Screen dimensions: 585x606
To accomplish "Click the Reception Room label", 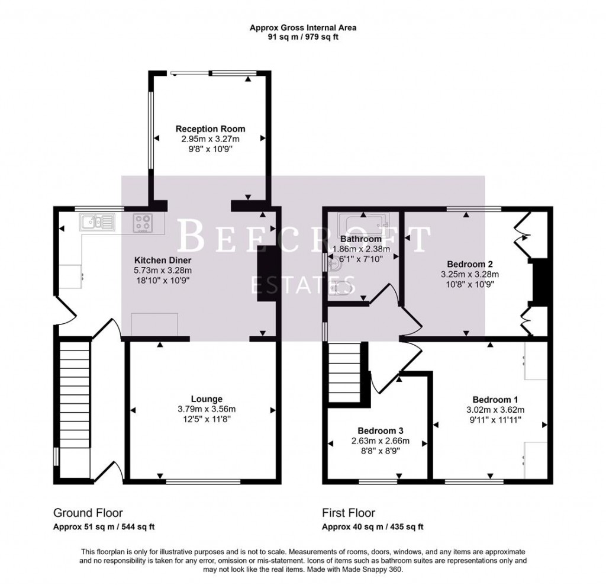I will tap(210, 128).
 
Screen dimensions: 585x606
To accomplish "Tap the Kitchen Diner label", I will tap(162, 260).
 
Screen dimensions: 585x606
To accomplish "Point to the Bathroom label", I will tap(360, 239).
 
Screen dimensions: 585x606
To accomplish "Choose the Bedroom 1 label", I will tap(495, 398).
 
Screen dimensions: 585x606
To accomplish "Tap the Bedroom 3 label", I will tap(380, 430).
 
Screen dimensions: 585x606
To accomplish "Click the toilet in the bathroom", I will tap(336, 288).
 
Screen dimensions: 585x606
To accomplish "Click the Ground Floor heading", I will tap(88, 513).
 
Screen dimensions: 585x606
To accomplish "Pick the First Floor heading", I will tap(348, 513).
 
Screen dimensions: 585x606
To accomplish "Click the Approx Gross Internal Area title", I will tap(302, 27).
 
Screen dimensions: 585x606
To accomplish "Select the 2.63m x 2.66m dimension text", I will tap(380, 441).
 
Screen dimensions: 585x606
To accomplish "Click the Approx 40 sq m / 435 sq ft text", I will tap(372, 526).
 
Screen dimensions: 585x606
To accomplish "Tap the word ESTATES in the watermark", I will tap(303, 284).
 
